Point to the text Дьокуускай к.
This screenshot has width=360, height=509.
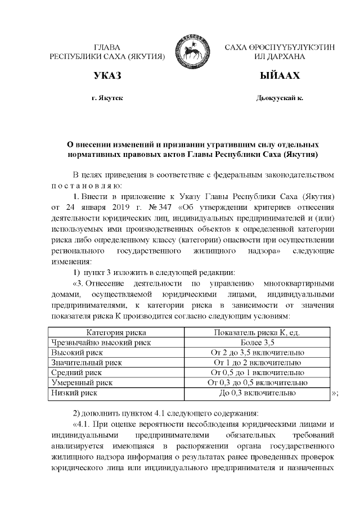click(x=280, y=98)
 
